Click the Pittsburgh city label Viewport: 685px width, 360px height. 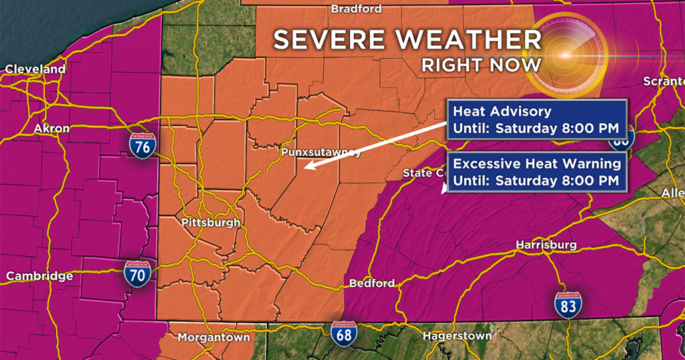pos(210,222)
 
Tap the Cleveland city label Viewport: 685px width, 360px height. pos(35,69)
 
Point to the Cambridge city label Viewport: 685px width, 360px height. pos(39,276)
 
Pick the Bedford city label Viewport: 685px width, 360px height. pos(372,283)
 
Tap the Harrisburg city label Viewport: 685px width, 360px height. pos(546,245)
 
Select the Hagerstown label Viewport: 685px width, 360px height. pos(458,335)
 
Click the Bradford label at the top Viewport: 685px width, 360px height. pos(357,9)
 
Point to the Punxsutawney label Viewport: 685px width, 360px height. pos(321,152)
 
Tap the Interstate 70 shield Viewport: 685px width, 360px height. pos(137,274)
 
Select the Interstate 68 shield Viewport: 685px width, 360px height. pos(342,333)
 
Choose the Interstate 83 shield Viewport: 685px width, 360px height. pos(567,304)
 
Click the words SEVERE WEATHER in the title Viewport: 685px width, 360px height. pos(407,40)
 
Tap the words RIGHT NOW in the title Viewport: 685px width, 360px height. pos(481,65)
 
